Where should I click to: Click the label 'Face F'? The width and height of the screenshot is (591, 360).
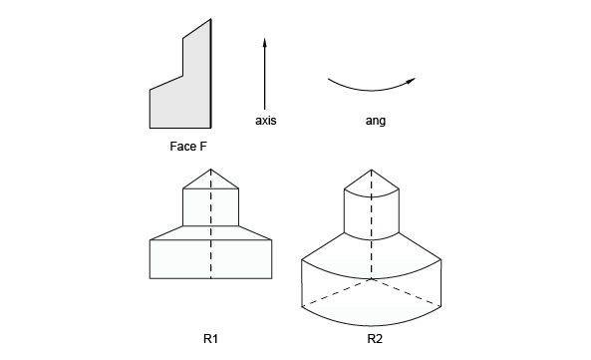188,147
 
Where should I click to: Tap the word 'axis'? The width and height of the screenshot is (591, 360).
266,121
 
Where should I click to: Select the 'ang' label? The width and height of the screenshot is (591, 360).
376,121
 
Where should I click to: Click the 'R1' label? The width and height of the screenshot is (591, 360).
210,339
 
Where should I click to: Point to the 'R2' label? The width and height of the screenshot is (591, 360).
375,339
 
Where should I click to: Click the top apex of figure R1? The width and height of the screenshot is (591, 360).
211,170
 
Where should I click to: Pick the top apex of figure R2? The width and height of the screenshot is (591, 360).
372,170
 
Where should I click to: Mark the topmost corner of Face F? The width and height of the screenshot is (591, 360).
210,19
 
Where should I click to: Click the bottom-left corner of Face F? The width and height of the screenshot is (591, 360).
150,128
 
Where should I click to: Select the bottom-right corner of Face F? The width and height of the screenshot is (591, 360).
210,128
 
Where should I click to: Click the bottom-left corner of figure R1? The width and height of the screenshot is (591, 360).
150,278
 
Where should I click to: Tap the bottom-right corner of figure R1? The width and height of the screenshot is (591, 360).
272,278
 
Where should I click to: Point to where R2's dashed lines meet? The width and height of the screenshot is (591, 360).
372,279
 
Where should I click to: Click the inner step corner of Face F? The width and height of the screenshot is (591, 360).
183,76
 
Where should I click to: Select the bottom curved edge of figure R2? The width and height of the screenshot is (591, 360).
372,324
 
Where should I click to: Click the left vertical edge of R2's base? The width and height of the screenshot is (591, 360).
302,283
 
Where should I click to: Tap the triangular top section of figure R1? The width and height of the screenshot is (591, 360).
210,181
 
